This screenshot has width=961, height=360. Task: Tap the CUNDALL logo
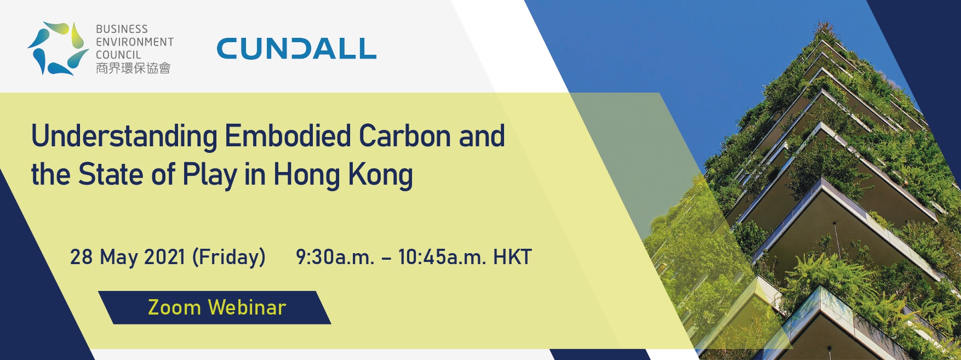(x=296, y=49)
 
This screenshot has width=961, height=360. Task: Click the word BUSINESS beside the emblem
(x=122, y=29)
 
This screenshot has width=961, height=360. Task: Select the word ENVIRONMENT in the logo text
(x=135, y=42)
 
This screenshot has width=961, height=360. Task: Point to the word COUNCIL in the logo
(x=118, y=55)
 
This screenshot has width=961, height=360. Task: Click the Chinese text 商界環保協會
(x=133, y=68)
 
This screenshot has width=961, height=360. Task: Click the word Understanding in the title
(x=124, y=137)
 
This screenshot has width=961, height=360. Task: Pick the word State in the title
(x=111, y=174)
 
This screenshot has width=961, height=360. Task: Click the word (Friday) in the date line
(x=229, y=258)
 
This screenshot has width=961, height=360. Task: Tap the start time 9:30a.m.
(x=335, y=257)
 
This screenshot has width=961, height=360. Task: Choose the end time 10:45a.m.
(x=442, y=257)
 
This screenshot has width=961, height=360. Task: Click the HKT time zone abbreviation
(x=512, y=257)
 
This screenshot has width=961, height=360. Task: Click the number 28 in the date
(x=81, y=257)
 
